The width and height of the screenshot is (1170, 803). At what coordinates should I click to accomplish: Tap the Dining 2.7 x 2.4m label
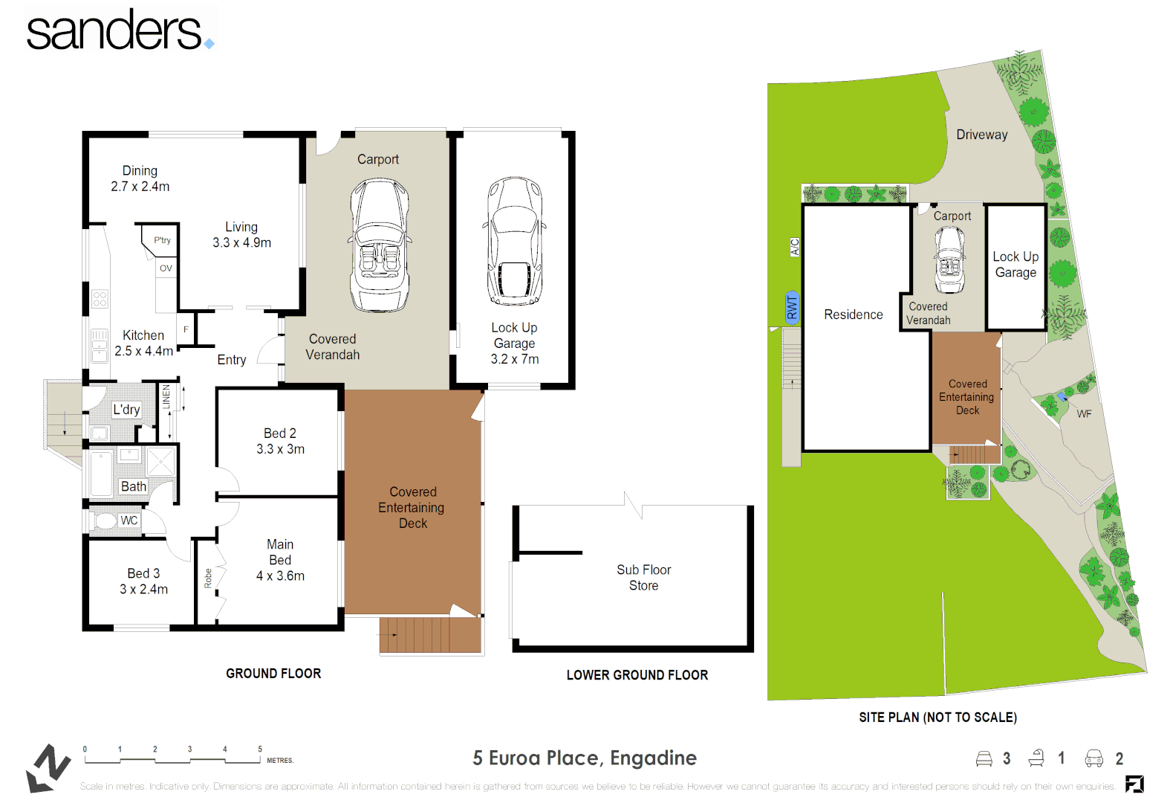[x=140, y=178]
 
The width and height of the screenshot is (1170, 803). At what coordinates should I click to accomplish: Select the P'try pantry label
[x=162, y=240]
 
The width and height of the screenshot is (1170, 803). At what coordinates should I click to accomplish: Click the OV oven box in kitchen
[x=166, y=268]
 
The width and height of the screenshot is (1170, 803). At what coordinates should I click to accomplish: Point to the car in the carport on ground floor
[x=380, y=245]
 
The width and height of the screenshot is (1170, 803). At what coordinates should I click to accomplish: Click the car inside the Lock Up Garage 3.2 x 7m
[x=515, y=241]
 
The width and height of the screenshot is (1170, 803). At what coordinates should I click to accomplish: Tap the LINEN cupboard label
[x=166, y=396]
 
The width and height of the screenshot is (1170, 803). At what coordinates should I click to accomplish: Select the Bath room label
[x=134, y=486]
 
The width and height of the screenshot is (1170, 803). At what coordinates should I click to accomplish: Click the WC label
[x=129, y=520]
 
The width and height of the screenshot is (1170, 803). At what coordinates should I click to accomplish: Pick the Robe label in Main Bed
[x=208, y=578]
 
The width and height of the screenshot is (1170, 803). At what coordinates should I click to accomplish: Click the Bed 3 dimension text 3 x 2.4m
[x=143, y=590]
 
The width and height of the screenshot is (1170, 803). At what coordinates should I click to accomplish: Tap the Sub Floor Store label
[x=643, y=578]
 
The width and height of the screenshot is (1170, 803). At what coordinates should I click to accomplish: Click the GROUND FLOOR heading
[x=273, y=674]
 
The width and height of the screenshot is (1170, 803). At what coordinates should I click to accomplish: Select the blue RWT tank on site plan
[x=792, y=307]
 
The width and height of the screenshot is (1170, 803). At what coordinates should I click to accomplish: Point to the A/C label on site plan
[x=794, y=247]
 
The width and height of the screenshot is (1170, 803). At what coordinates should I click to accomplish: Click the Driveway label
[x=981, y=135]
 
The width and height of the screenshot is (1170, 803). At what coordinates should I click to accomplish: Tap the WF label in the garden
[x=1084, y=414]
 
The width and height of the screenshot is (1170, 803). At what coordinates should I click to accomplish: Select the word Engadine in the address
[x=653, y=758]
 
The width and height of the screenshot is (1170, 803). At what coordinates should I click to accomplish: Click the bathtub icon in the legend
[x=1036, y=758]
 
